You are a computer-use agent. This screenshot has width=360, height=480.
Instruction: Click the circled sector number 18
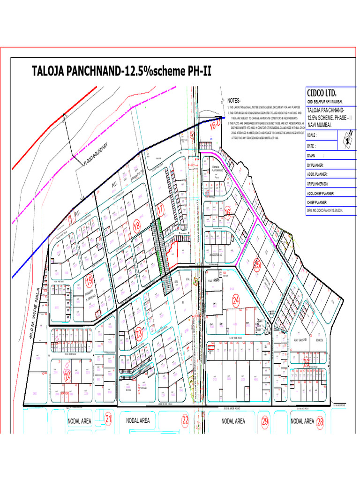coord(137,225)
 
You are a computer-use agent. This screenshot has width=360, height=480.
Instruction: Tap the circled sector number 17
coord(161,211)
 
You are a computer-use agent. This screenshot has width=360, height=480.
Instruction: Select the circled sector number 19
coord(90,282)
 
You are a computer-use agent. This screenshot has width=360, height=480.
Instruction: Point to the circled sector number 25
coord(256,264)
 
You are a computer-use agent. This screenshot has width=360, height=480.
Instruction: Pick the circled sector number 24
coord(236,300)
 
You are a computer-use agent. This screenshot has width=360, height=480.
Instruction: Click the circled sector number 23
coord(139,334)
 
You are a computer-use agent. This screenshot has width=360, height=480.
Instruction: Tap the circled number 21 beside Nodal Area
coord(109,420)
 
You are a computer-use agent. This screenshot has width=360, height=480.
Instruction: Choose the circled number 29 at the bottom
coord(265,420)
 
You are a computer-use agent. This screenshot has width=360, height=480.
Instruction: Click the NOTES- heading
coord(234,101)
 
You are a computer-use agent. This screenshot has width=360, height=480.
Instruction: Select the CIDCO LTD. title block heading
coord(322,92)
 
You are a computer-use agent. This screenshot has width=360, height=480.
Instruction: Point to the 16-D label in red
coord(215,125)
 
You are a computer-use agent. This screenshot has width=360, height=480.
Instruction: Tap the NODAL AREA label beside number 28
coord(302,421)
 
